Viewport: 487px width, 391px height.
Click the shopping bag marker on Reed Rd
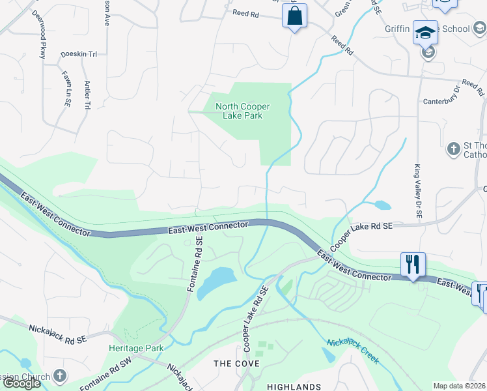click(294, 15)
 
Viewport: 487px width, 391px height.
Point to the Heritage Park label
click(136, 348)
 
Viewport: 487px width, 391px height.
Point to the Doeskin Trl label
click(78, 54)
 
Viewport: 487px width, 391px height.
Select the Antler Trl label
click(87, 94)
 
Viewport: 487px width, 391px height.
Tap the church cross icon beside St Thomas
click(453, 149)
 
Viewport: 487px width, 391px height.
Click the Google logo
click(21, 383)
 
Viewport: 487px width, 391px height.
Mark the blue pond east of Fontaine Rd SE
click(216, 282)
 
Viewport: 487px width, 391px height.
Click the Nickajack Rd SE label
click(58, 332)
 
